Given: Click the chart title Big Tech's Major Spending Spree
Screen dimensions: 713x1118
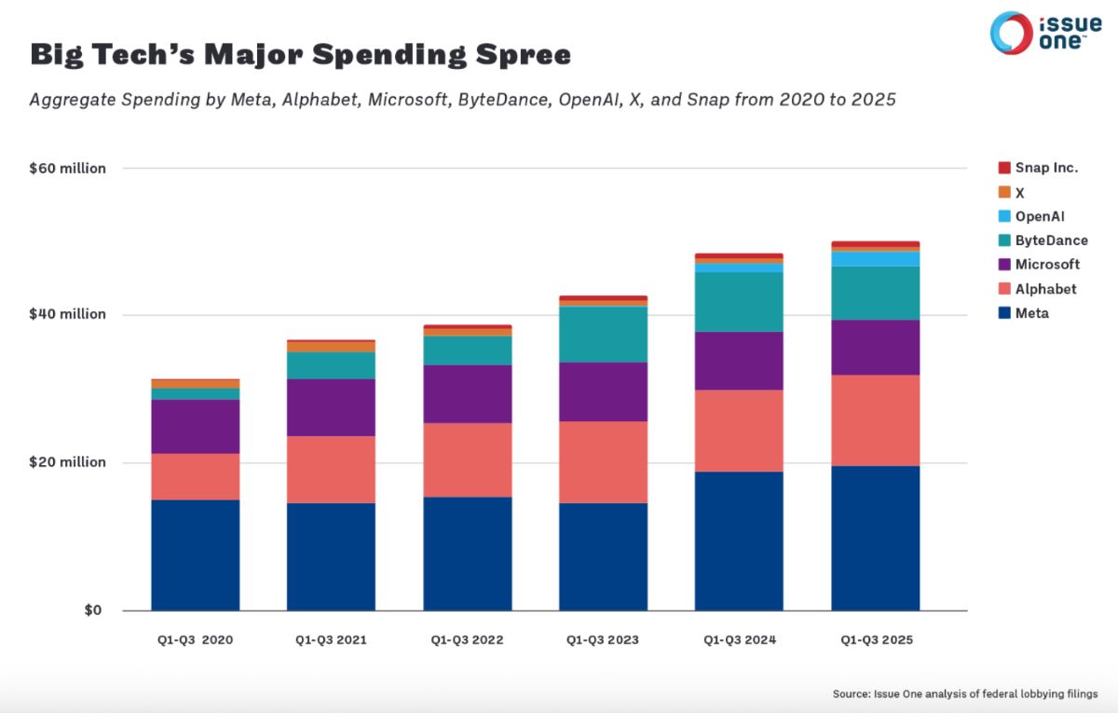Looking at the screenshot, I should [x=300, y=55].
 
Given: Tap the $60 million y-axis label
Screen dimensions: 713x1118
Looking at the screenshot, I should [x=68, y=169].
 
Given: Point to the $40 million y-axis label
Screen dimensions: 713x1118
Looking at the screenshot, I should [x=68, y=315].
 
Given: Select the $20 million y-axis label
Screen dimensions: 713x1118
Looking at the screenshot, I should [x=68, y=462].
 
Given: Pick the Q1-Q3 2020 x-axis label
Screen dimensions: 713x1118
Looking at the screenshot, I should [x=196, y=640].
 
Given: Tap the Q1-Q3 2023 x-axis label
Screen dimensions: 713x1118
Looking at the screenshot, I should [x=603, y=640].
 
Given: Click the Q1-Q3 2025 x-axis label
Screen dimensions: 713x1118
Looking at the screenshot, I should [x=876, y=640].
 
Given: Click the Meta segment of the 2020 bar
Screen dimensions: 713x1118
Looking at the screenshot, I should [x=196, y=555].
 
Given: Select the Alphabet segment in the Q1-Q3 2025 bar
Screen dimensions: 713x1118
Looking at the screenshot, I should [x=876, y=420].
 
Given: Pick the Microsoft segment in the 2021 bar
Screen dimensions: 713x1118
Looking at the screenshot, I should [x=331, y=407].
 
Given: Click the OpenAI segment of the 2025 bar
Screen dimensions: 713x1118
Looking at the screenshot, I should [x=876, y=258].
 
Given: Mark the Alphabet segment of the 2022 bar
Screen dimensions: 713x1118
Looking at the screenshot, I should [x=468, y=459].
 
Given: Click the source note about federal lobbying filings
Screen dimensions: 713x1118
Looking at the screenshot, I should [x=965, y=693].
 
